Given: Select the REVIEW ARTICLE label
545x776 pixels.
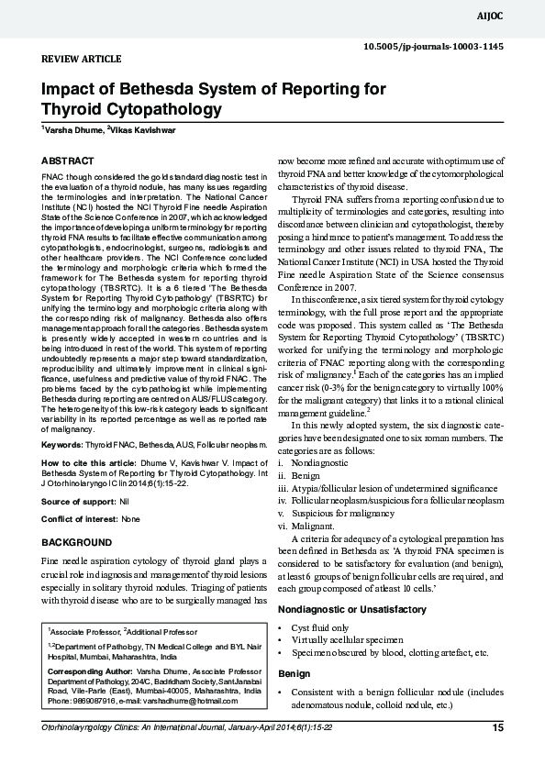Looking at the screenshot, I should (x=82, y=59).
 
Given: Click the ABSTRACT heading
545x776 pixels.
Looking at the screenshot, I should (x=67, y=161).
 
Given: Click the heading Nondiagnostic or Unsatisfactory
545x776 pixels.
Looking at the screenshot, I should (x=351, y=609).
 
